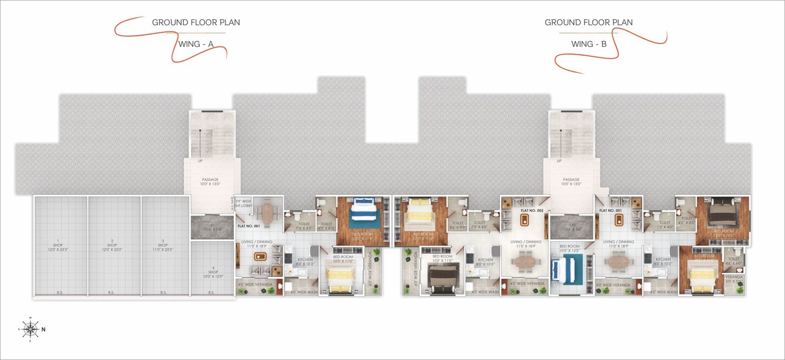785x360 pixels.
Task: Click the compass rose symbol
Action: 30,329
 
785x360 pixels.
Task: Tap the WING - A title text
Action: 196,44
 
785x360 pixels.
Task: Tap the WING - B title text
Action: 589,44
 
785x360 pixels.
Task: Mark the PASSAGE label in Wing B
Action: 571,180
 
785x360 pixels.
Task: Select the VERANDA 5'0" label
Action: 733,279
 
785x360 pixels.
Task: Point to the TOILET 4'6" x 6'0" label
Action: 733,261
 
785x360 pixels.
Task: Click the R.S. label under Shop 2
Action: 112,292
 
